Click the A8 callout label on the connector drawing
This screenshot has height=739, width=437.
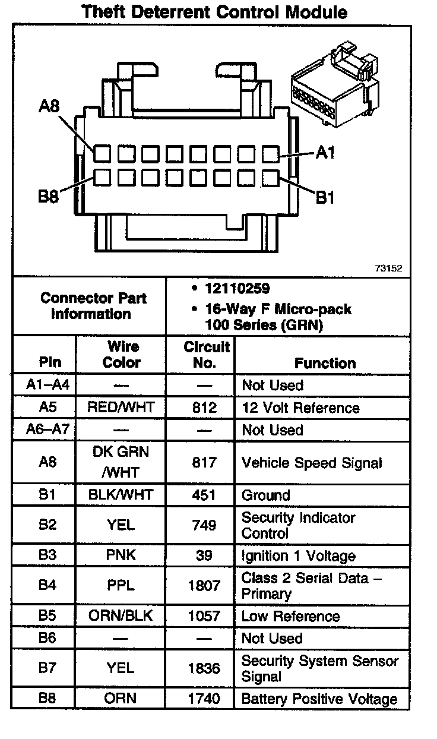point(49,106)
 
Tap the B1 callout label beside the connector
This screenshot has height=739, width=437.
point(325,197)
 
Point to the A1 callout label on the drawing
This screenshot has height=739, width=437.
point(325,153)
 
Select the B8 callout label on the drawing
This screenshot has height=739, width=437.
point(49,197)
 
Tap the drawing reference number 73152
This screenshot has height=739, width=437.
point(388,269)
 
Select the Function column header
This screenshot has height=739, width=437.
point(325,363)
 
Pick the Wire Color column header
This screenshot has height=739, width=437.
point(122,355)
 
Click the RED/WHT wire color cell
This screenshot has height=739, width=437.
point(121,408)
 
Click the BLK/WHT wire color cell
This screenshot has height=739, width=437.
point(121,495)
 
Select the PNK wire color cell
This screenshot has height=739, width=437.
point(121,555)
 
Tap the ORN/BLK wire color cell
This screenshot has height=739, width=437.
point(121,616)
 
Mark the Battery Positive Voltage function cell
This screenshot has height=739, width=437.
point(319,699)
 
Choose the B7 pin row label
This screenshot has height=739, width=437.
point(47,668)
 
